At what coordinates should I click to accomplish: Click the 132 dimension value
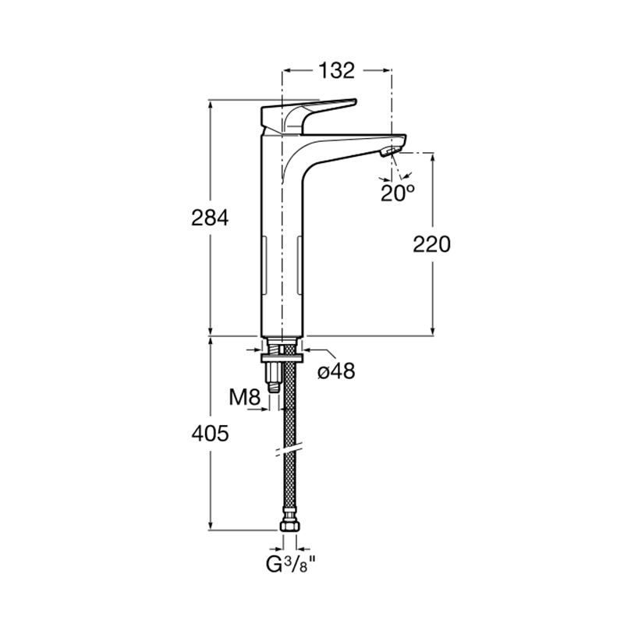pyautogui.click(x=336, y=70)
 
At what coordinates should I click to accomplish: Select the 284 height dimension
pyautogui.click(x=210, y=218)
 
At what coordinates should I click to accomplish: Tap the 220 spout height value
pyautogui.click(x=432, y=244)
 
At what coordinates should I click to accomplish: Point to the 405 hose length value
pyautogui.click(x=210, y=434)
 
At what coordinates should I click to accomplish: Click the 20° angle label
pyautogui.click(x=398, y=193)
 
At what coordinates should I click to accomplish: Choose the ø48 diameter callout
pyautogui.click(x=336, y=371)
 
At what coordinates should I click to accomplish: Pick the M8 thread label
pyautogui.click(x=245, y=397)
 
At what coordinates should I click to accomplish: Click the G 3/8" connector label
pyautogui.click(x=291, y=564)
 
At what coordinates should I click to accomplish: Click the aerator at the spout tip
pyautogui.click(x=391, y=151)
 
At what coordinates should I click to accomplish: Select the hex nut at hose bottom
pyautogui.click(x=289, y=526)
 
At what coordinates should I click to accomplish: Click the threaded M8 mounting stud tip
pyautogui.click(x=274, y=387)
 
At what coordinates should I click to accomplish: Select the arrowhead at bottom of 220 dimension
pyautogui.click(x=434, y=330)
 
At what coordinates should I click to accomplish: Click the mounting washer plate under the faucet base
pyautogui.click(x=282, y=358)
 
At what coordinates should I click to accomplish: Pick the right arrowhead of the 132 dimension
pyautogui.click(x=385, y=70)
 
